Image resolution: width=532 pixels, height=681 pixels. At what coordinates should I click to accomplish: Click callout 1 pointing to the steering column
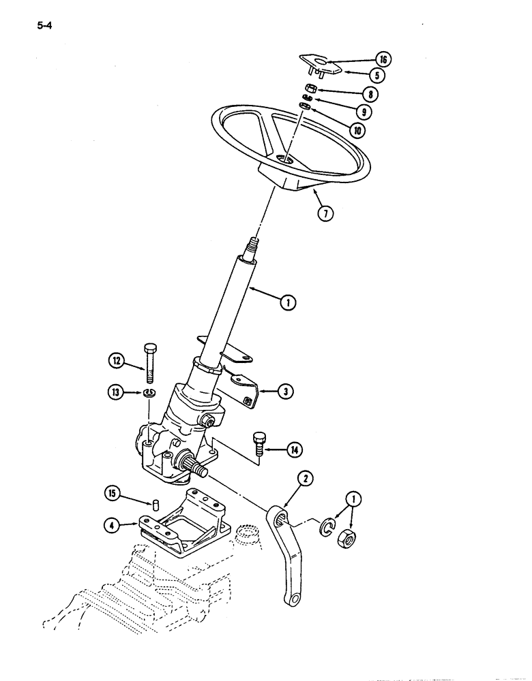[290, 304]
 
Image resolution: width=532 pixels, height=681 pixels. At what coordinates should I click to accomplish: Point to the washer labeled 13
[149, 393]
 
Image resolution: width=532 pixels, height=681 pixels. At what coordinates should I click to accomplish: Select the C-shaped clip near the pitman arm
[328, 526]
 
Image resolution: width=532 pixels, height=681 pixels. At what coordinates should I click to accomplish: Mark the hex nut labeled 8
[308, 88]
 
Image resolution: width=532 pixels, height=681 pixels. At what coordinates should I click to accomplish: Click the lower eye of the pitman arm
[292, 598]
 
